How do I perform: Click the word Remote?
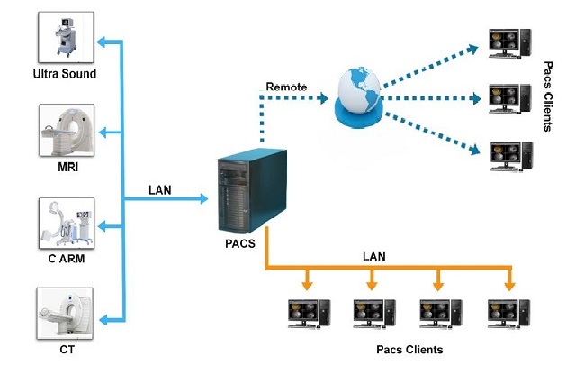point(286,87)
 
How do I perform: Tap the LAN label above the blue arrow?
point(162,190)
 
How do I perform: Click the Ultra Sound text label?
point(64,74)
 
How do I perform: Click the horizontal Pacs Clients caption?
point(409,349)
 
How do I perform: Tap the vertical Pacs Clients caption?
point(549,96)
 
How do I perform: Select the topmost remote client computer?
point(504,44)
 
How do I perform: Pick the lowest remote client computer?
point(504,156)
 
